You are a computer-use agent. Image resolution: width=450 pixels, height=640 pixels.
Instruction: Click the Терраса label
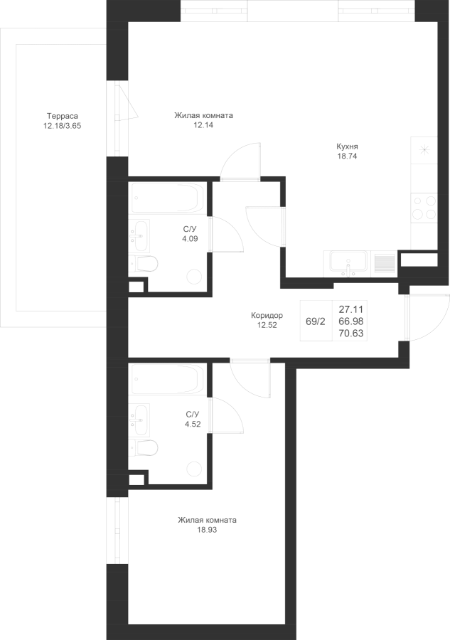pos(62,117)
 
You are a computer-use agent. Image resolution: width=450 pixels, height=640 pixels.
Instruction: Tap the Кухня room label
pos(347,146)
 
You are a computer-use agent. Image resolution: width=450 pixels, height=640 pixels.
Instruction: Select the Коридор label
pos(267,316)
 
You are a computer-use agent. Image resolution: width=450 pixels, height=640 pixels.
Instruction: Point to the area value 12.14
pos(203,125)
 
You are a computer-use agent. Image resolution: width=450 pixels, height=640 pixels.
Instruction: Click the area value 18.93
pos(207,530)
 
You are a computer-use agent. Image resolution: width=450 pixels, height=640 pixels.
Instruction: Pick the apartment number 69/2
pos(316,321)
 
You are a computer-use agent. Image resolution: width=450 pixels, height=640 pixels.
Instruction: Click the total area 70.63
pos(351,334)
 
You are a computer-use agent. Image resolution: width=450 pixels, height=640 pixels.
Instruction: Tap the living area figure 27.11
pos(351,309)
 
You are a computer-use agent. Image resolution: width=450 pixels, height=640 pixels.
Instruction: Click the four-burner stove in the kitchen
pos(424,208)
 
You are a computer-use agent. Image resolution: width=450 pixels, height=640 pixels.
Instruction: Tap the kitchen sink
pos(348,264)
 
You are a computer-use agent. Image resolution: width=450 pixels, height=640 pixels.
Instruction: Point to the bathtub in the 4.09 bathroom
pos(168,198)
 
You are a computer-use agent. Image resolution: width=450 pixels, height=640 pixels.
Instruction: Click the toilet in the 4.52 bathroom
pos(144,448)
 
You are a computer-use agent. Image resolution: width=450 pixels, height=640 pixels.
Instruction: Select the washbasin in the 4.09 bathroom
pos(139,235)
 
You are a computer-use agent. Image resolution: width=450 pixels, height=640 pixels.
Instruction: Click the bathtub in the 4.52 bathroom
pos(168,380)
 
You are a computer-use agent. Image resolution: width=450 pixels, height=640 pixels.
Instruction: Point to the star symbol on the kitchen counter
pos(424,150)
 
